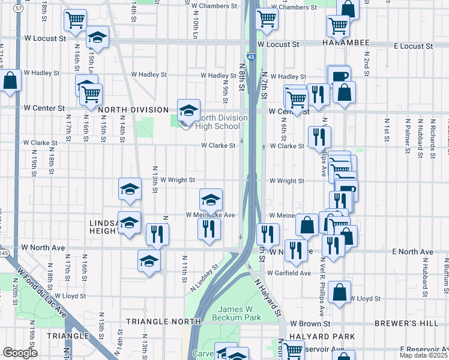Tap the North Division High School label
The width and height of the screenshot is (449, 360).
point(223,122)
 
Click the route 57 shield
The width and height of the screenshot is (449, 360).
point(19,16)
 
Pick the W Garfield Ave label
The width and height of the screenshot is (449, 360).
point(289,273)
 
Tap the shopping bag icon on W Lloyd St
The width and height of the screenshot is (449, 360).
point(340,292)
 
